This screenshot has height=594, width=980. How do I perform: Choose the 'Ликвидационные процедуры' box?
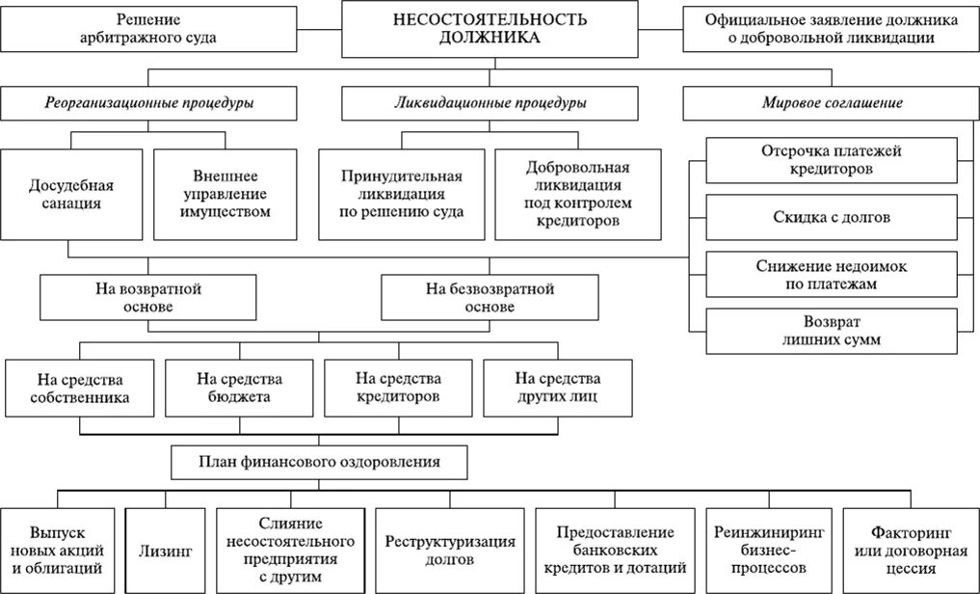pos(490,102)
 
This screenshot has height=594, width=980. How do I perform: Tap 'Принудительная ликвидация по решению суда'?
pos(401,194)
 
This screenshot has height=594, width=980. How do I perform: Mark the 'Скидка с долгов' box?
pos(832,217)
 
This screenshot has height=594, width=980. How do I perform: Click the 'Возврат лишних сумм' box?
pos(832,330)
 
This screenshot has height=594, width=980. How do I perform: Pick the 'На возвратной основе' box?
pos(147,297)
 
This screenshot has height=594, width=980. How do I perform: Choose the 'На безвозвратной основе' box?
pos(490,297)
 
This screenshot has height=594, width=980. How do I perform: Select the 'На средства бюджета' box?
pos(238,387)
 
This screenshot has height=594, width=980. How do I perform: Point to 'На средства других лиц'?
pos(557,387)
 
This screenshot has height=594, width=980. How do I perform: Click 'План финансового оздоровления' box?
pos(320,462)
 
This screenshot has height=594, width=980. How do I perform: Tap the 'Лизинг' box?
pos(167,551)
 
